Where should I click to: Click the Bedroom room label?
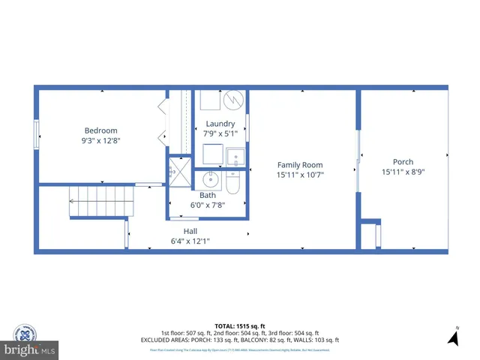[100, 130]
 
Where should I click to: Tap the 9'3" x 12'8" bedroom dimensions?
[100, 139]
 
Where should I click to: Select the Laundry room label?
[220, 124]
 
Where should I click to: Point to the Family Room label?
[300, 165]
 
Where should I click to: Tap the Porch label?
[403, 161]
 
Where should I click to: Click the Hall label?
[190, 231]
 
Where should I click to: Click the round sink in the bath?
[209, 179]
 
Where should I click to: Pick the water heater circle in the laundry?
[232, 99]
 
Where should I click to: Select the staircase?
[100, 201]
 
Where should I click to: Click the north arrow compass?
[453, 337]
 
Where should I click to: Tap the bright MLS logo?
[30, 350]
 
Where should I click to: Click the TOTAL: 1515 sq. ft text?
[239, 326]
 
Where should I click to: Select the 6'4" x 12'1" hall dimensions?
[190, 241]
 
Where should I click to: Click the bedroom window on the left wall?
[35, 135]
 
